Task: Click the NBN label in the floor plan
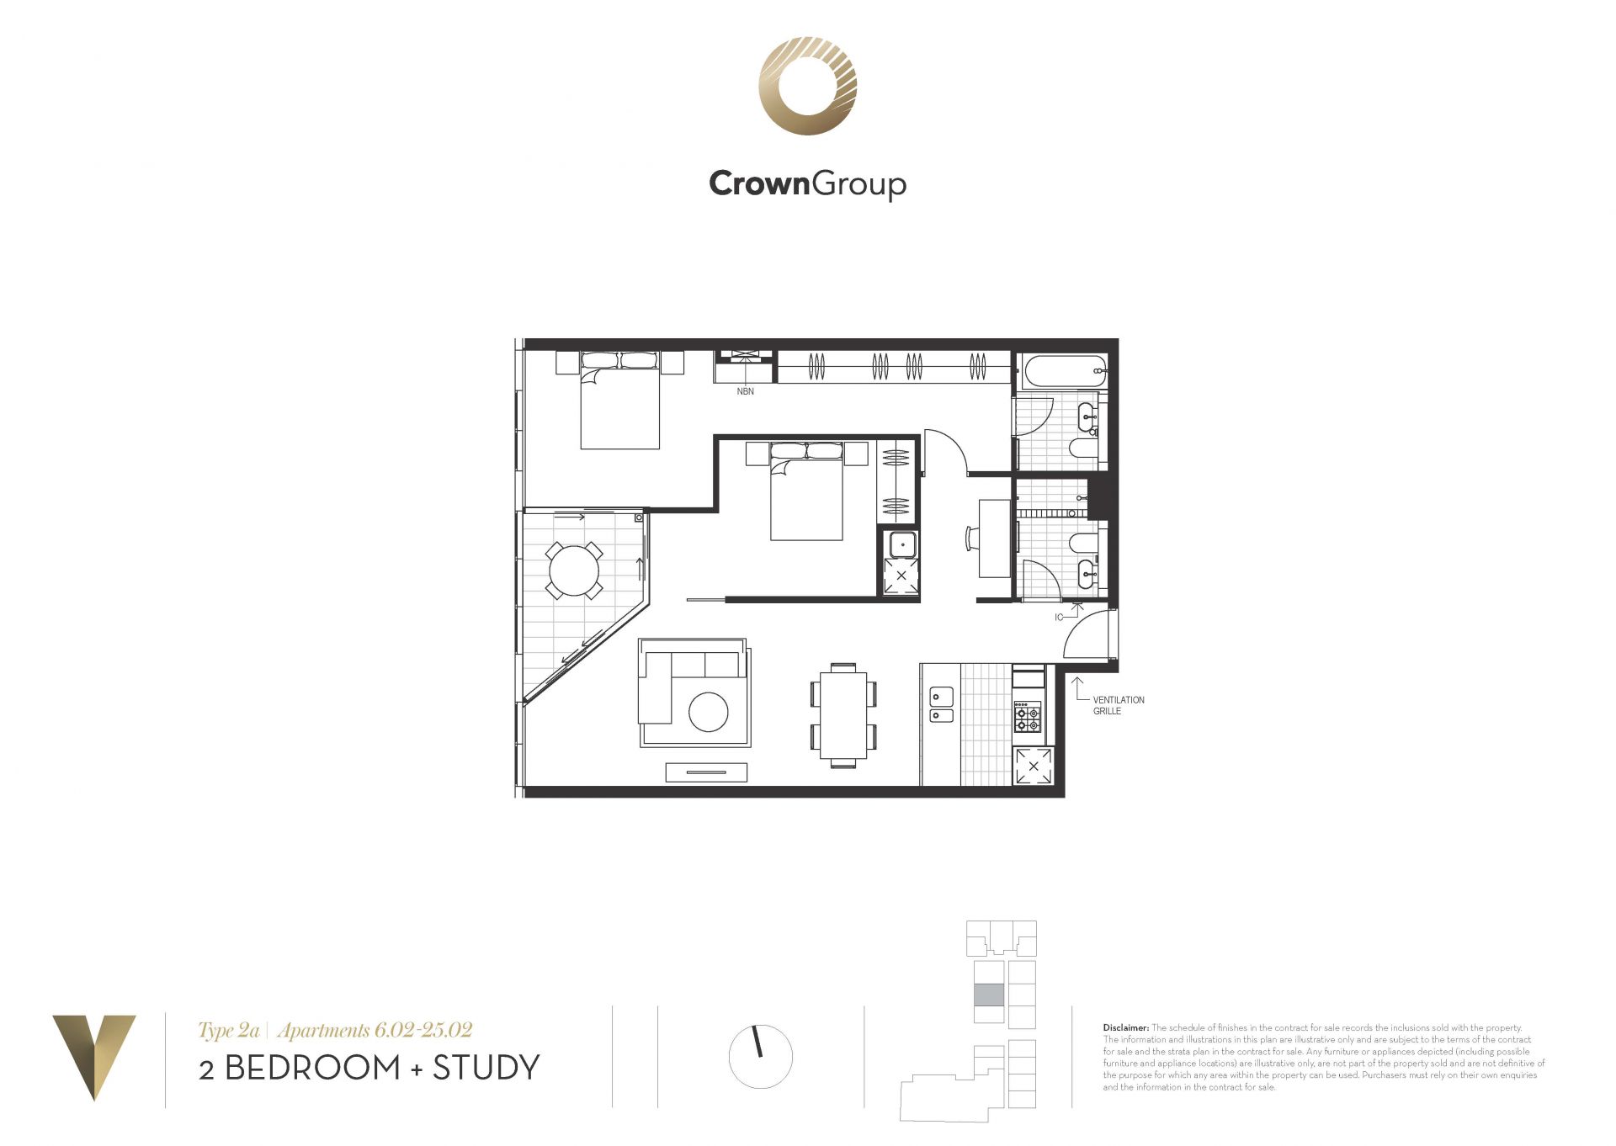(745, 391)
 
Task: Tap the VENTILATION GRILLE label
(1119, 705)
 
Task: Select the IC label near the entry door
(1059, 618)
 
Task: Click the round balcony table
(574, 570)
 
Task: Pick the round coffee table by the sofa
(709, 712)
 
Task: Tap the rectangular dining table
(843, 714)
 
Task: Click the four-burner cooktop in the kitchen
(1028, 717)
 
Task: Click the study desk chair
(972, 538)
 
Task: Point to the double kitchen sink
(941, 705)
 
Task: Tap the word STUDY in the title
(486, 1068)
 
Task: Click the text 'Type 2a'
(228, 1031)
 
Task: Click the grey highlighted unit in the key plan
(989, 995)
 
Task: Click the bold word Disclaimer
(1125, 1027)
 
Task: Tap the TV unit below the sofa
(706, 772)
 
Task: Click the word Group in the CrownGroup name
(858, 184)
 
